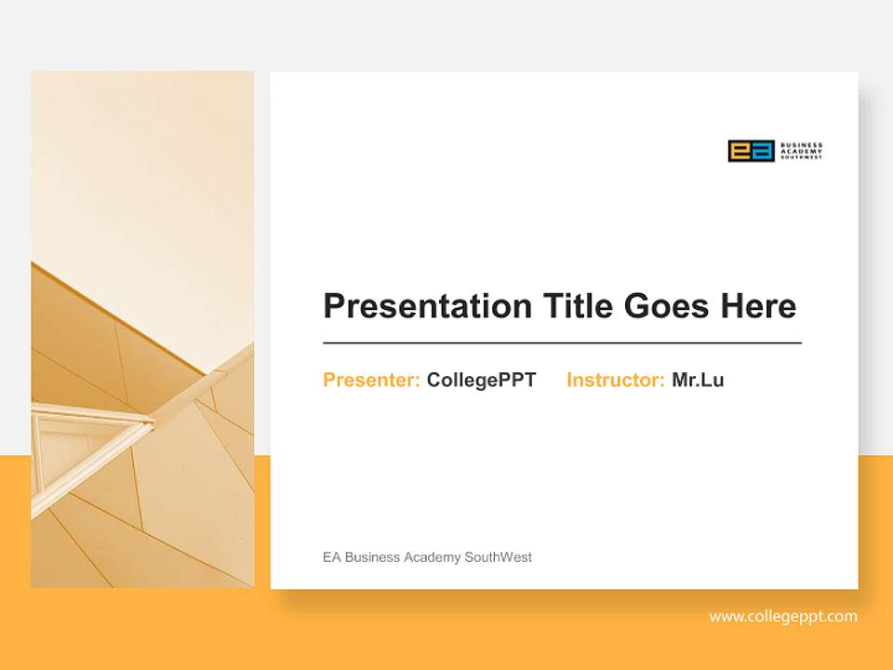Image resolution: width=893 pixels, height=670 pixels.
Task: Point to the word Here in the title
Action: click(x=758, y=306)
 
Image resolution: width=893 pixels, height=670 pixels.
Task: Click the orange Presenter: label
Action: click(x=371, y=380)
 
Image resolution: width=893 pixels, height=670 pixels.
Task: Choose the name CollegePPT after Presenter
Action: click(x=481, y=380)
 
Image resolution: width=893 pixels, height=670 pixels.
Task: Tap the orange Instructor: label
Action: click(x=615, y=380)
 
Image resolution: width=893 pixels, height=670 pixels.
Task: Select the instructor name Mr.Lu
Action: click(x=698, y=380)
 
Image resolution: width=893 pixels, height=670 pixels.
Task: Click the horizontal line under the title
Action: click(x=562, y=343)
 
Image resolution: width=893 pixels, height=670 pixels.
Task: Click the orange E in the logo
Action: click(x=740, y=151)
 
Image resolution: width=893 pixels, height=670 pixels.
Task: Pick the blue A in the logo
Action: click(x=763, y=151)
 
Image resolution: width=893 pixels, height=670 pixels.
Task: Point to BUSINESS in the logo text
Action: click(x=801, y=145)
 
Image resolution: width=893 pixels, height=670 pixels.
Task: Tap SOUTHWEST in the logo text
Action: click(x=801, y=157)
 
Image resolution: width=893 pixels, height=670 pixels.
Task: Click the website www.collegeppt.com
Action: click(x=783, y=616)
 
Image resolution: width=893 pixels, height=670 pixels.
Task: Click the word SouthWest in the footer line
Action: click(x=499, y=557)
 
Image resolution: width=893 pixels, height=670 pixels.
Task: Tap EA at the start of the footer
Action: click(x=331, y=557)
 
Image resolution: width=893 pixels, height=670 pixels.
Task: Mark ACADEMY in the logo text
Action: click(x=799, y=151)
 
